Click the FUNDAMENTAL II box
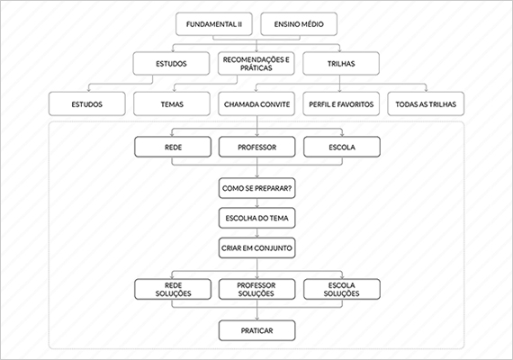[x=214, y=24]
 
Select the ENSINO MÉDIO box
[x=299, y=24]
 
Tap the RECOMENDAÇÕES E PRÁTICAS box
[x=256, y=64]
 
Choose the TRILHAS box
[x=341, y=64]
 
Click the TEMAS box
[x=172, y=104]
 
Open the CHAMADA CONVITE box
[x=256, y=104]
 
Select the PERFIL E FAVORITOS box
[x=341, y=104]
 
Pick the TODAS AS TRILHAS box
[x=426, y=104]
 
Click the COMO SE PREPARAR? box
[x=256, y=188]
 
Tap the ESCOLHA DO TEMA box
[x=256, y=218]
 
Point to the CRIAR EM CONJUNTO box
[x=256, y=248]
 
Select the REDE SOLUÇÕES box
[x=173, y=289]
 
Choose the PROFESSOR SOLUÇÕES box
[x=256, y=289]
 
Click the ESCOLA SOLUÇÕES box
[x=342, y=289]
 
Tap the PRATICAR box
[x=256, y=330]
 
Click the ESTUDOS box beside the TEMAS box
[x=87, y=104]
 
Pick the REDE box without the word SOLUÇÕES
[x=173, y=147]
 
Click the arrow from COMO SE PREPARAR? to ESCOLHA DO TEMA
[x=256, y=202]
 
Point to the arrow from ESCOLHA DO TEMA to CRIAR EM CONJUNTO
[x=256, y=233]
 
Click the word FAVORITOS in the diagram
[x=355, y=104]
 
